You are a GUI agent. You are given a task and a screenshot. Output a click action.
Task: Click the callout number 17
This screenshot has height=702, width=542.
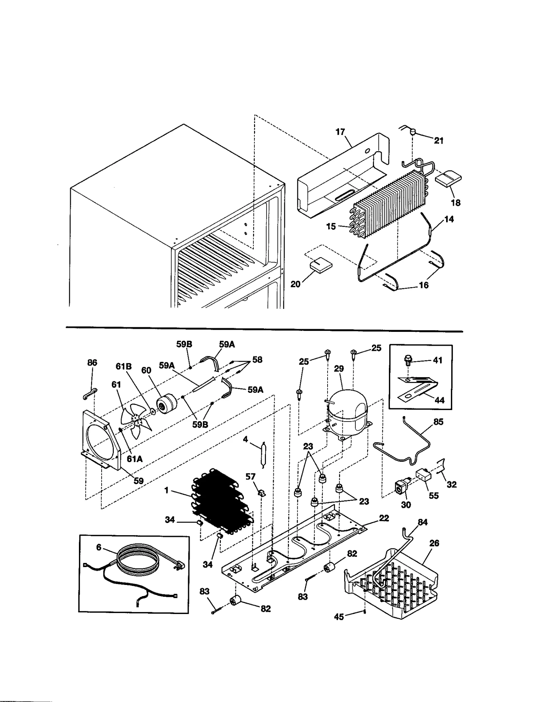340,132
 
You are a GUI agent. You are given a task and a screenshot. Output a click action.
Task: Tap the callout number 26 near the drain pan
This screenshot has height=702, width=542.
434,544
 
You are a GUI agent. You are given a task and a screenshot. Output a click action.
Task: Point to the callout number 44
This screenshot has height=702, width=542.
439,400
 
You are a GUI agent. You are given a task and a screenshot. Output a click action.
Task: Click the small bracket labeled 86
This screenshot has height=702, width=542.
89,394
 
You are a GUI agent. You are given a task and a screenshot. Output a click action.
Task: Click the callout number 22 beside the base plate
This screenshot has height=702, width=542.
384,518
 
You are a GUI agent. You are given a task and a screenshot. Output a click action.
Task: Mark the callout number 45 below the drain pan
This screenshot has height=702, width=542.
339,617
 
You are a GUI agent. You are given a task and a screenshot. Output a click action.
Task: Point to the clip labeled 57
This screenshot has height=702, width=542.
261,493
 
